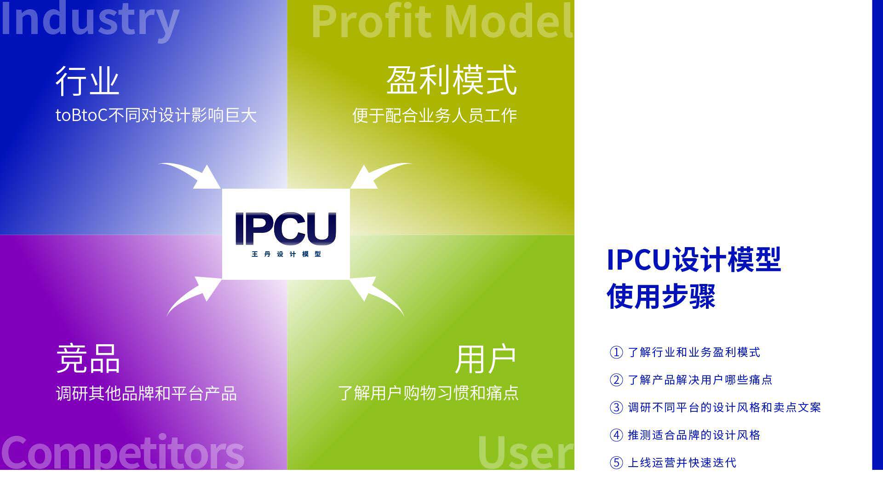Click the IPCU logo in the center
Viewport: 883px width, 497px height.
click(x=286, y=229)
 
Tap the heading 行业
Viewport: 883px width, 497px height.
click(x=87, y=81)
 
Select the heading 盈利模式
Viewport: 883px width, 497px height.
click(x=452, y=80)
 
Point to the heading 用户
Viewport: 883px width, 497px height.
click(x=485, y=359)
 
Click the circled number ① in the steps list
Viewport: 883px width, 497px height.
click(x=616, y=353)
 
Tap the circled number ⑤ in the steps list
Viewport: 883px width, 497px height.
click(x=616, y=462)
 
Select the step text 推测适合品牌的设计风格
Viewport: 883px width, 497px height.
click(x=694, y=435)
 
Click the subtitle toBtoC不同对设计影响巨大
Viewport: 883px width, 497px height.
click(x=156, y=115)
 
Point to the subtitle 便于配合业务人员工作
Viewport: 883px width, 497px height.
click(x=435, y=116)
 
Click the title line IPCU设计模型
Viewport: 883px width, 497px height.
click(x=694, y=260)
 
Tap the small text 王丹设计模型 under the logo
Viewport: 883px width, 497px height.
click(x=286, y=254)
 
